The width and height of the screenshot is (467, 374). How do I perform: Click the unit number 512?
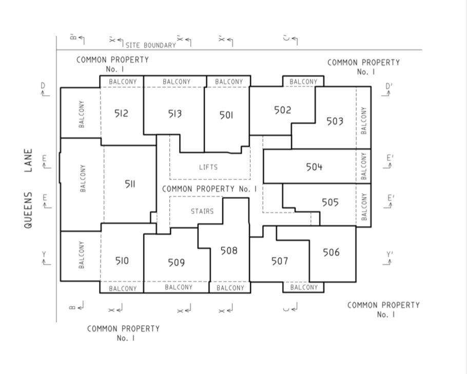tap(121, 114)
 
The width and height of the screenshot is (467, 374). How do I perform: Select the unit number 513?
tap(175, 114)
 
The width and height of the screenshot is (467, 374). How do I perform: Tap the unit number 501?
tap(226, 115)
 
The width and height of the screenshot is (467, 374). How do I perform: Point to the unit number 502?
tap(282, 110)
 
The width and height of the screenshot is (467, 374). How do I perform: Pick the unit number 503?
tap(335, 121)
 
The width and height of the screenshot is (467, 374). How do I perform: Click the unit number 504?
tap(314, 167)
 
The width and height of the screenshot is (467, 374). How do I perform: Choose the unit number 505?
tap(330, 202)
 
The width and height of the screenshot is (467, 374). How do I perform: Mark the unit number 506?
tap(331, 252)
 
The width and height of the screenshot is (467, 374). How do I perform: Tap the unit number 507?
tap(280, 261)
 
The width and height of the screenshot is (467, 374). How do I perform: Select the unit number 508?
tap(229, 251)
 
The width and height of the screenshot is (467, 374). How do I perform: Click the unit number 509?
tap(177, 263)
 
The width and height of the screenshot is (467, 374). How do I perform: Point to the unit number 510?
tap(122, 261)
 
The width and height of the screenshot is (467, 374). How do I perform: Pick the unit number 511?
tap(130, 184)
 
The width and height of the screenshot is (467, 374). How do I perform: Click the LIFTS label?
tap(208, 167)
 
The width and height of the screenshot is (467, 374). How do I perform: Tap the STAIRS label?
tap(202, 212)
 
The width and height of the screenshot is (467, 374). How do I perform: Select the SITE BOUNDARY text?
tap(151, 45)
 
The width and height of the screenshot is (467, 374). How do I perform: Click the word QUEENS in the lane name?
tap(28, 210)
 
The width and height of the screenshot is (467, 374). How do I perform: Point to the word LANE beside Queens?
tap(28, 160)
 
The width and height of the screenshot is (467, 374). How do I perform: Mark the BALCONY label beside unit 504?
tap(364, 166)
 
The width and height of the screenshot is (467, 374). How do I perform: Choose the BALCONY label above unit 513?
tap(177, 81)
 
